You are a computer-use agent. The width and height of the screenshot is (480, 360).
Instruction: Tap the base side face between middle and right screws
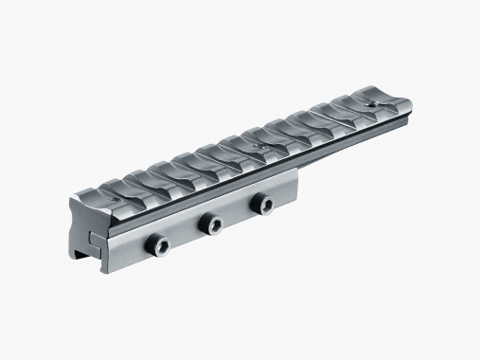click(235, 217)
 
